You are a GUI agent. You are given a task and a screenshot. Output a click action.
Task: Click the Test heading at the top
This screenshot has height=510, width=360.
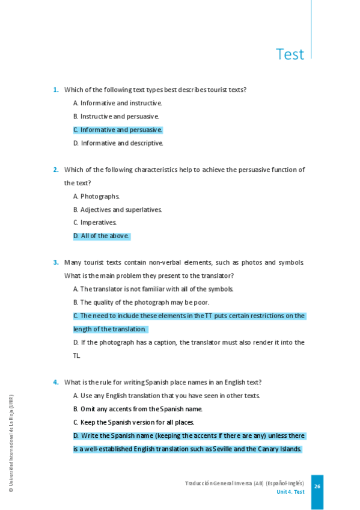[290, 54]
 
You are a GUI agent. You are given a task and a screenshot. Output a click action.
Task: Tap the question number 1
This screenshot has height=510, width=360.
[56, 90]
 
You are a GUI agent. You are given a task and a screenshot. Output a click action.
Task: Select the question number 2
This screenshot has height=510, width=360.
[56, 170]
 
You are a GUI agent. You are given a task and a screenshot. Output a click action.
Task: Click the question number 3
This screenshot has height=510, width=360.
[56, 262]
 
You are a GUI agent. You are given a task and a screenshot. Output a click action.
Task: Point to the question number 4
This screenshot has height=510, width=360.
[56, 382]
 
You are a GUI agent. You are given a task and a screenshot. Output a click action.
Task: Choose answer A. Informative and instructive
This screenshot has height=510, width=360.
[118, 103]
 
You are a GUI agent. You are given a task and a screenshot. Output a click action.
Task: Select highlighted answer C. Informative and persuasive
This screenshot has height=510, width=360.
[118, 129]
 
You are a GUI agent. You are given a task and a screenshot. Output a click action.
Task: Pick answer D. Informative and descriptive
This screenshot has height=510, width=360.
[118, 143]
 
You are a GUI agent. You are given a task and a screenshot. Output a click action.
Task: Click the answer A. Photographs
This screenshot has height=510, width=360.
[97, 196]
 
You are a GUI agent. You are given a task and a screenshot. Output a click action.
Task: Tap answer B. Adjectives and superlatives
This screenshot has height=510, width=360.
[118, 209]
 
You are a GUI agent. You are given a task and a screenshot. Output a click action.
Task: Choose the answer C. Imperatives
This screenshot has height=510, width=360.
[95, 223]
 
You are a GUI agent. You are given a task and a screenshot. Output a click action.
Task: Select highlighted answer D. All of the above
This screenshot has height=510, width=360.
[101, 236]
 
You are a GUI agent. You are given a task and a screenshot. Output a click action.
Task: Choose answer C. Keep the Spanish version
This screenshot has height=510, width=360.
[133, 422]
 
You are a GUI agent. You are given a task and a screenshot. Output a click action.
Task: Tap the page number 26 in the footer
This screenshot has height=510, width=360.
[317, 487]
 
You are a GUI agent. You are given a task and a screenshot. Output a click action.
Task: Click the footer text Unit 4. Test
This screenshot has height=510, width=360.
[290, 492]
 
